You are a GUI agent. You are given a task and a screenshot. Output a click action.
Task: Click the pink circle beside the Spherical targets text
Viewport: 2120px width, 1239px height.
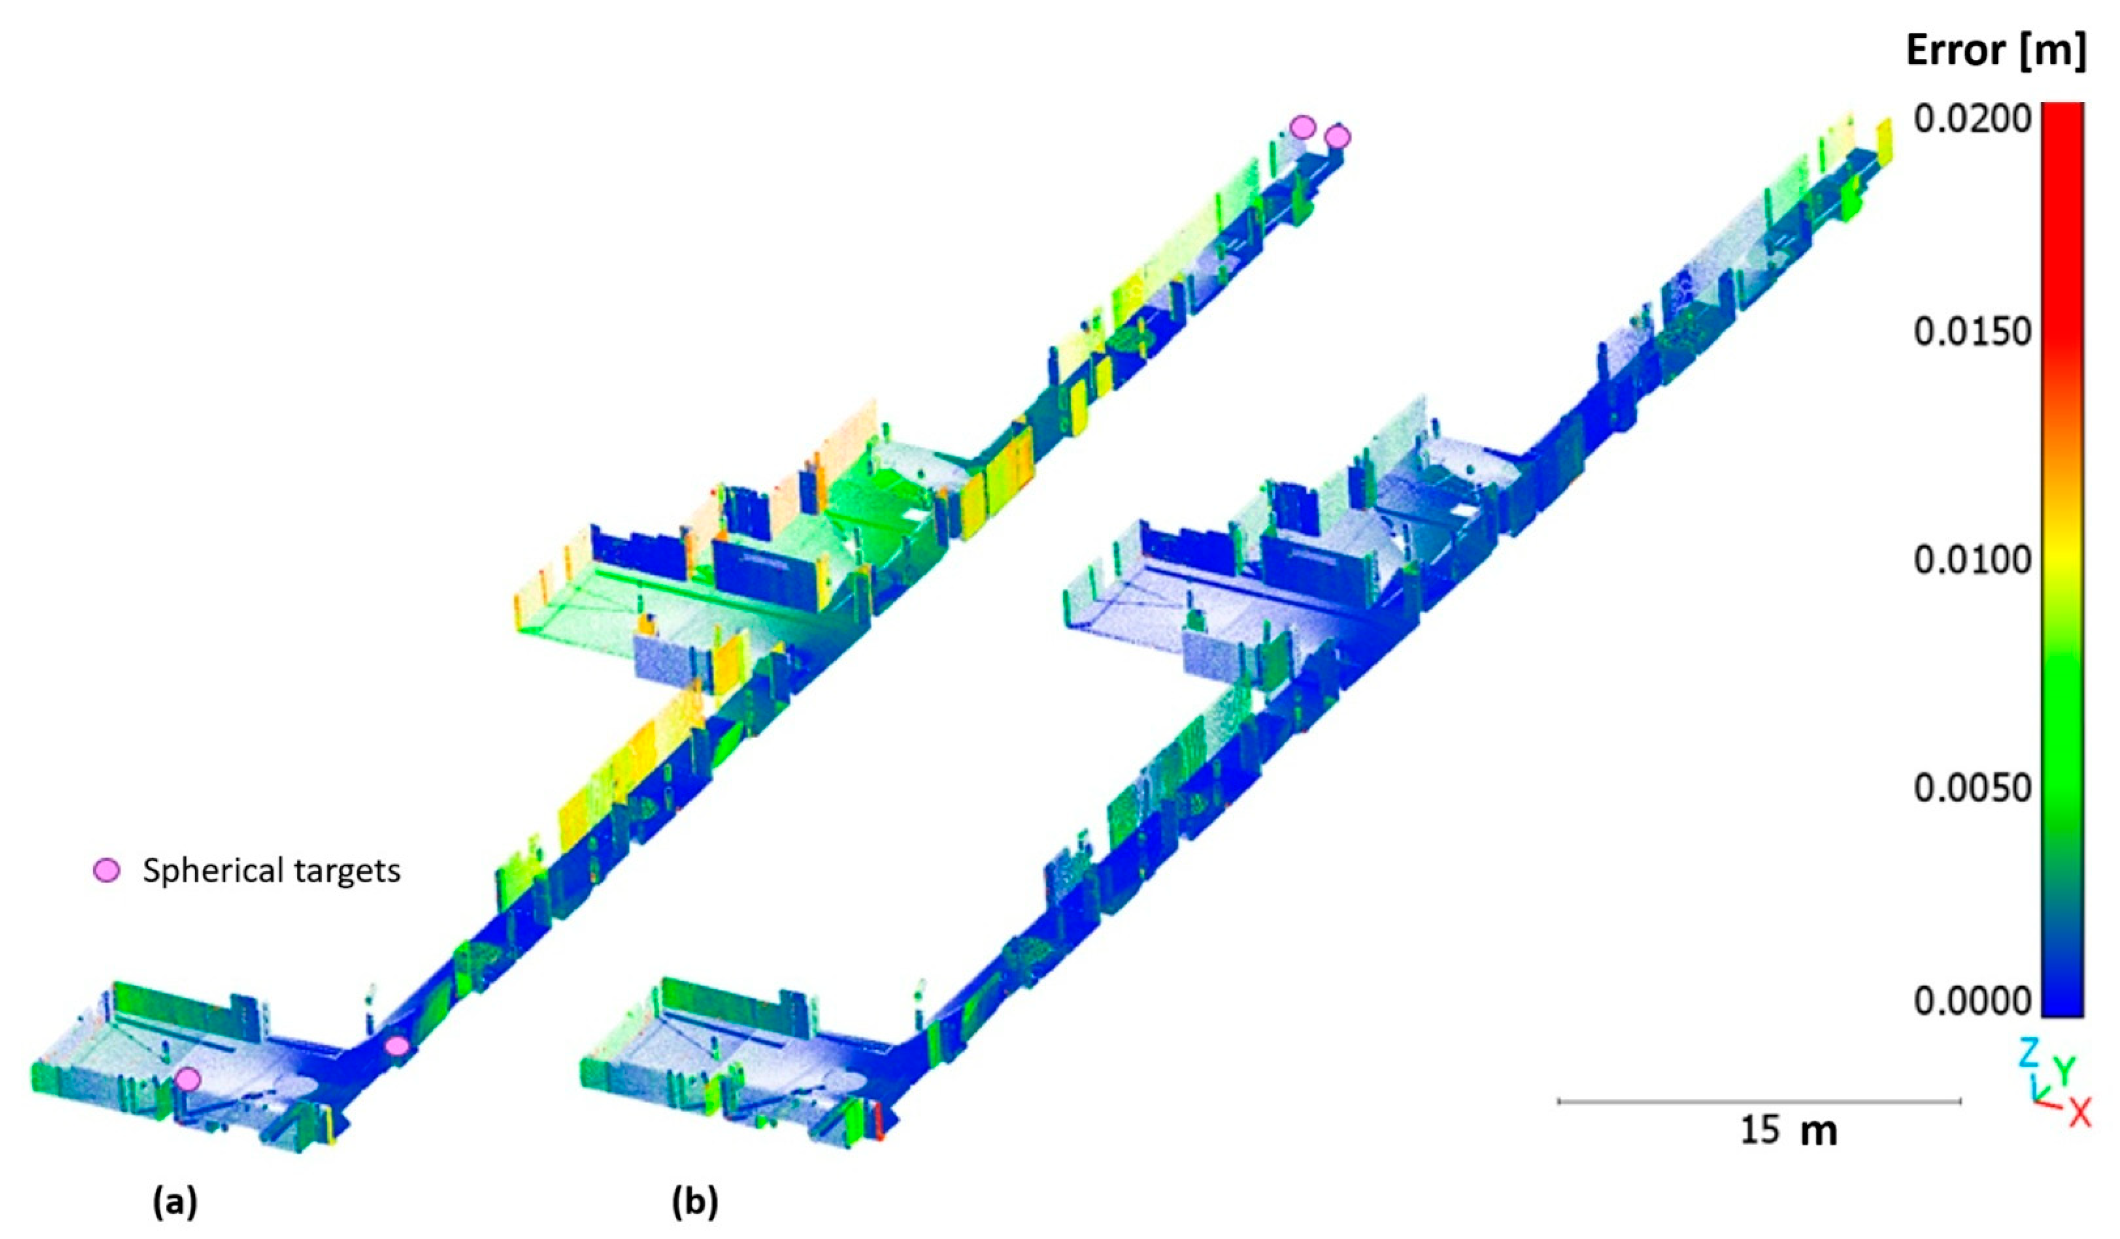click(x=107, y=871)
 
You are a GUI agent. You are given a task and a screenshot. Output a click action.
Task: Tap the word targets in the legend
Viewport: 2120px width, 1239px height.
click(x=337, y=871)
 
